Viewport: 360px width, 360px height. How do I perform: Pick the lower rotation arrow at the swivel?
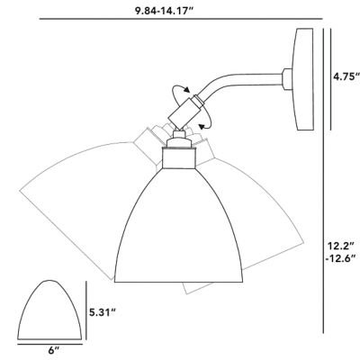tap(205, 125)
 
